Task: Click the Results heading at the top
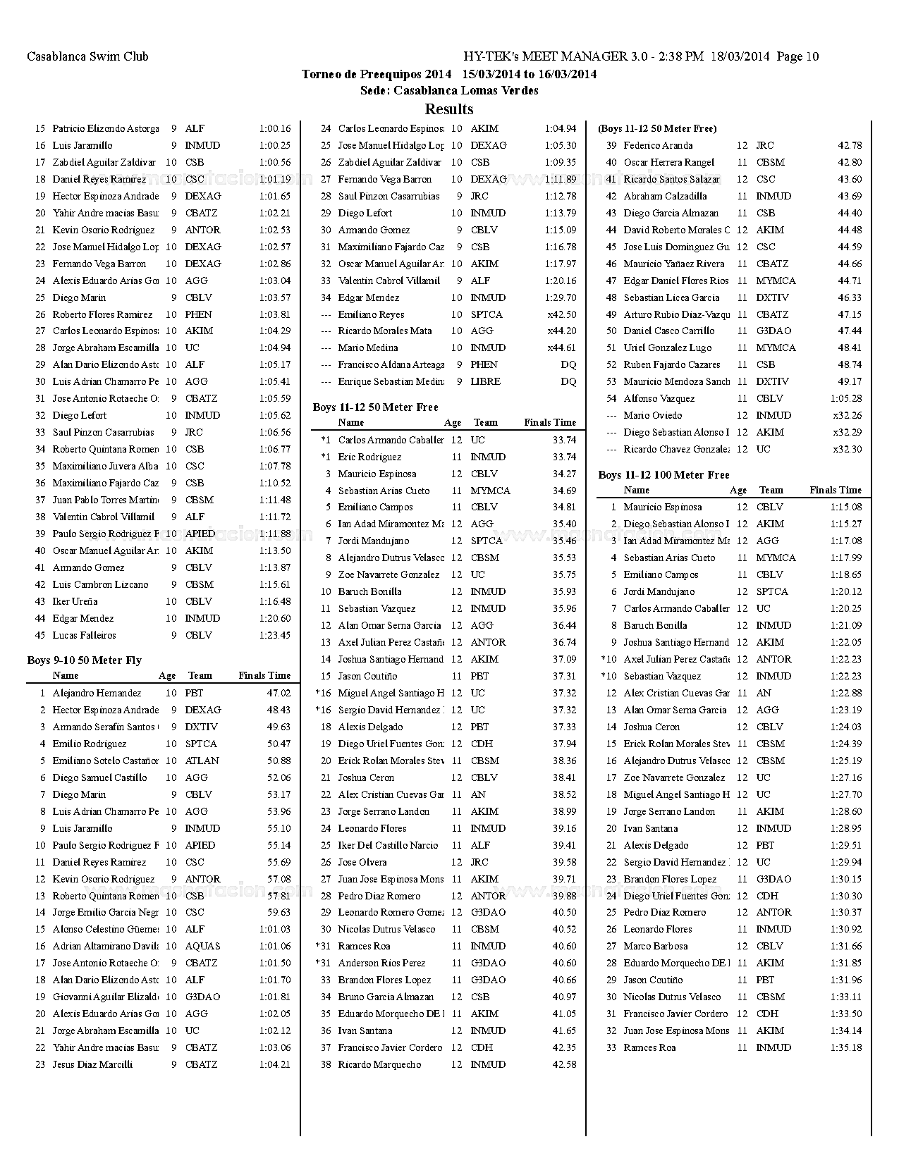click(x=449, y=109)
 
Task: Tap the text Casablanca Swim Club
click(x=87, y=56)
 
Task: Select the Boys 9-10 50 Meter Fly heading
click(x=84, y=660)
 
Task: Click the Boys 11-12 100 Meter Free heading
click(x=663, y=475)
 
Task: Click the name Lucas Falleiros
click(x=84, y=635)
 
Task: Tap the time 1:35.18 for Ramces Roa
click(x=846, y=1047)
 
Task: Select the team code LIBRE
click(x=485, y=381)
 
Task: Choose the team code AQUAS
click(x=202, y=946)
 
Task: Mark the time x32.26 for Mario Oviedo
click(x=847, y=415)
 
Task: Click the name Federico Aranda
click(x=658, y=145)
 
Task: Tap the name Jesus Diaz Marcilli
click(x=92, y=1064)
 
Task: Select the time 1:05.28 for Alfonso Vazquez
click(x=846, y=398)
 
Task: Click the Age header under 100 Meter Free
click(x=738, y=491)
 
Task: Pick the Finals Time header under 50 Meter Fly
click(x=264, y=676)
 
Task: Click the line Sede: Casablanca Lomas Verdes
click(x=449, y=90)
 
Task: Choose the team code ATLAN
click(x=202, y=761)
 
